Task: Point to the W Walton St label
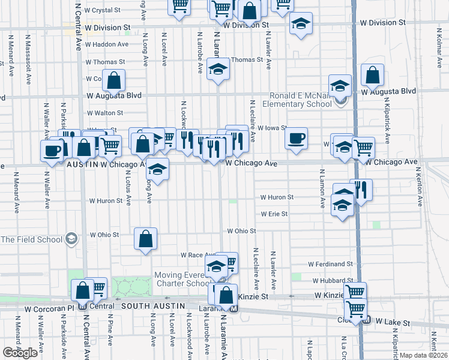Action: (104, 112)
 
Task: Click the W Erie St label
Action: (274, 214)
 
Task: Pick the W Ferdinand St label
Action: (330, 263)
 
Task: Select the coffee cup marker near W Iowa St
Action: (296, 139)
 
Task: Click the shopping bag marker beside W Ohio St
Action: (145, 239)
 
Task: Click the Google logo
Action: (20, 353)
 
